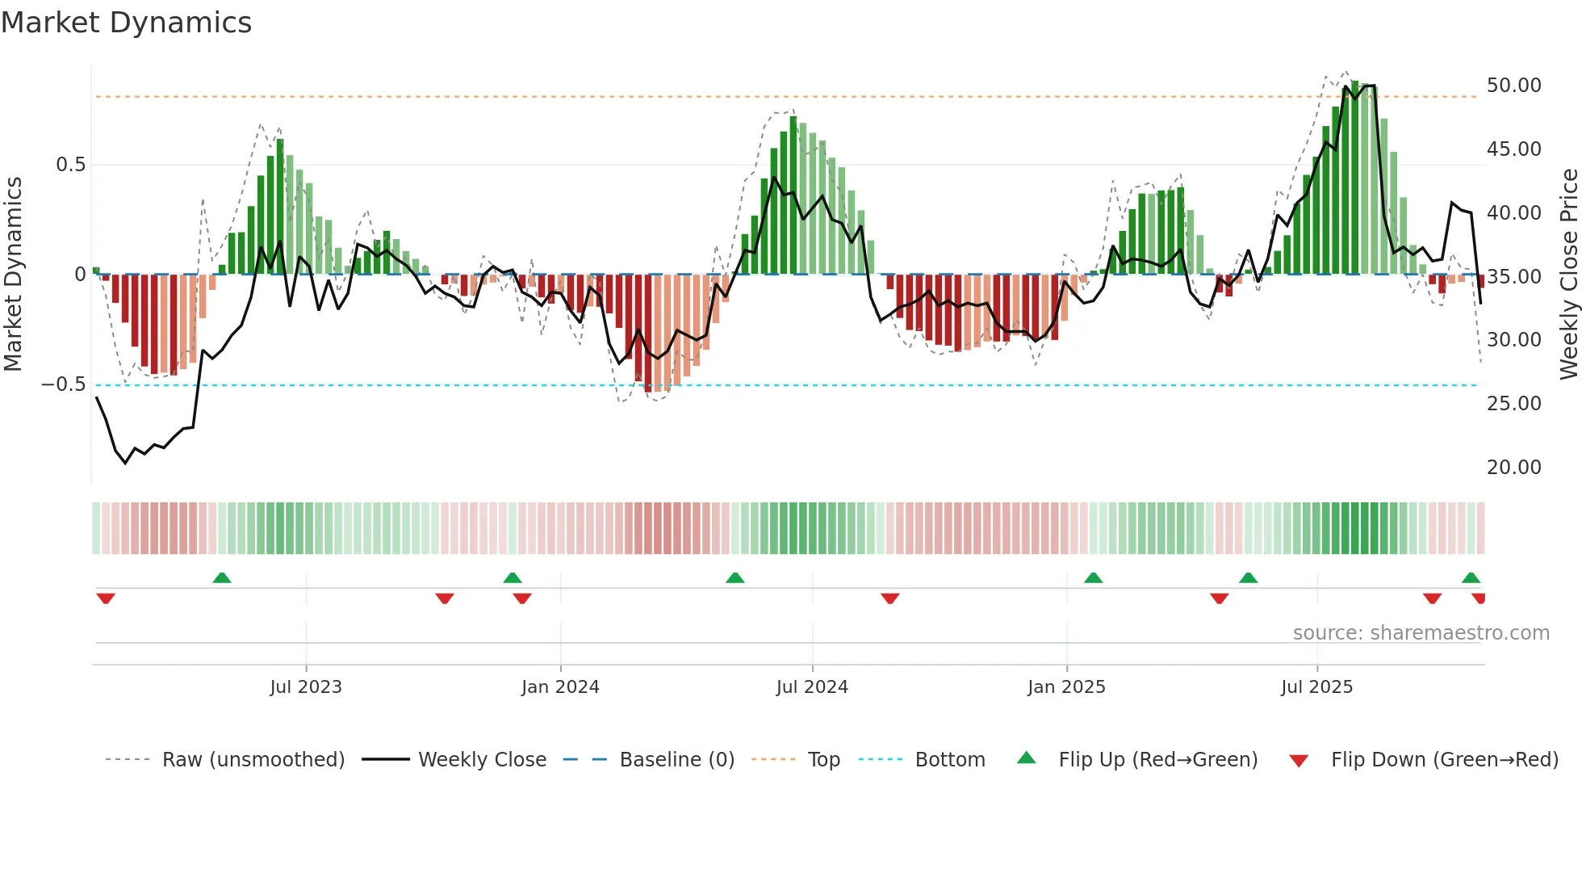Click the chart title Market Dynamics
pyautogui.click(x=126, y=23)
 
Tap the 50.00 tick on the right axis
pyautogui.click(x=1513, y=86)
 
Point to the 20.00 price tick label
pyautogui.click(x=1513, y=468)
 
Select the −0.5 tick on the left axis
pyautogui.click(x=63, y=384)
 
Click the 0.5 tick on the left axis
pyautogui.click(x=70, y=165)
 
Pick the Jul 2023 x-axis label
pyautogui.click(x=306, y=687)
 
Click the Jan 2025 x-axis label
pyautogui.click(x=1066, y=687)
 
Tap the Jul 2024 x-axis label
pyautogui.click(x=812, y=687)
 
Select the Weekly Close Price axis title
pyautogui.click(x=1568, y=274)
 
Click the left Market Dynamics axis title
pyautogui.click(x=13, y=274)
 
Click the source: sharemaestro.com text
pyautogui.click(x=1421, y=633)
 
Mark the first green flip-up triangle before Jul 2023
pyautogui.click(x=222, y=577)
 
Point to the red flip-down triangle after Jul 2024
pyautogui.click(x=890, y=598)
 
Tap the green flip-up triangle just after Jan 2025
pyautogui.click(x=1093, y=577)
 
